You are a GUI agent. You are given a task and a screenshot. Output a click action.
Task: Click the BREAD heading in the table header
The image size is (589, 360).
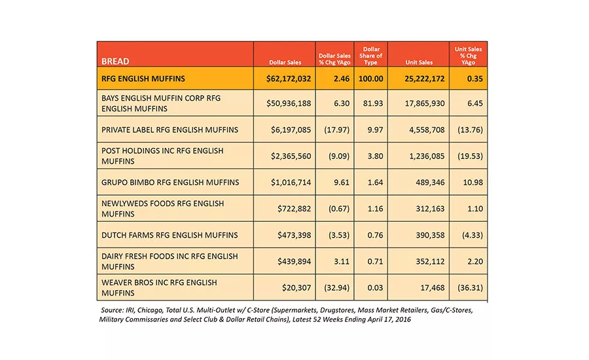(x=115, y=62)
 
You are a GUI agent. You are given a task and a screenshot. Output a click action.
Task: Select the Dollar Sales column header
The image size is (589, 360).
(x=285, y=62)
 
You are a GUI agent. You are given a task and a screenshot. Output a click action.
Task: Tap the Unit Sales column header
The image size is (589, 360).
(x=419, y=62)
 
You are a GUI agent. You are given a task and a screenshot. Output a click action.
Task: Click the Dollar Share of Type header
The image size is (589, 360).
(x=371, y=56)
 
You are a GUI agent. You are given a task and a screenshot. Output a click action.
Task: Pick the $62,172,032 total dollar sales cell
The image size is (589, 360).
(x=289, y=79)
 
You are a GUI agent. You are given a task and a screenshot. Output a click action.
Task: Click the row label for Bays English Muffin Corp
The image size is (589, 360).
(x=161, y=103)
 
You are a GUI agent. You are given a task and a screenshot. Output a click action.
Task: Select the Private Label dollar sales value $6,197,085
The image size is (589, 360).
(x=291, y=130)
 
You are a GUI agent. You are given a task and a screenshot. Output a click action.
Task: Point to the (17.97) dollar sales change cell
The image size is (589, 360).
(x=336, y=130)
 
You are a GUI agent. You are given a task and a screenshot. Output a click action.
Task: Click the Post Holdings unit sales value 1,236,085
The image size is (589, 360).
(x=427, y=156)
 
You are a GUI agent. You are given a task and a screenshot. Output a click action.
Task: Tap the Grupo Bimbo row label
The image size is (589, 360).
(x=170, y=182)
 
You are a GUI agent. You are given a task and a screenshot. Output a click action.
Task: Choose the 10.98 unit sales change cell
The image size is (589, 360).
(x=473, y=182)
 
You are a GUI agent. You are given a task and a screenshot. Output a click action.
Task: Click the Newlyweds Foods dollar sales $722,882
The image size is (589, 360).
(x=294, y=209)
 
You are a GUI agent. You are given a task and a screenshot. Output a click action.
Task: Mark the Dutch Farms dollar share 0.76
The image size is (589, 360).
(x=375, y=235)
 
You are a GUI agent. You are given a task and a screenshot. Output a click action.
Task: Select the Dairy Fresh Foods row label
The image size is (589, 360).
(x=170, y=261)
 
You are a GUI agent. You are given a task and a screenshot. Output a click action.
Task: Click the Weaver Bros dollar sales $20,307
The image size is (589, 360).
(x=296, y=287)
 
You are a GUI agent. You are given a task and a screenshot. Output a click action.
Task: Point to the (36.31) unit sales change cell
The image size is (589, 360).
(x=470, y=287)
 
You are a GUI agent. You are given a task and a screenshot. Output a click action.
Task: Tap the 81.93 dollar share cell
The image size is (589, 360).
(x=373, y=103)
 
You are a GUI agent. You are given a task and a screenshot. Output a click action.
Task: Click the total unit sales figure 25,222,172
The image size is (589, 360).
(x=425, y=79)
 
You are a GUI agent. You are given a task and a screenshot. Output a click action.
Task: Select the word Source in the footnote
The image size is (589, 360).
(x=111, y=310)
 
